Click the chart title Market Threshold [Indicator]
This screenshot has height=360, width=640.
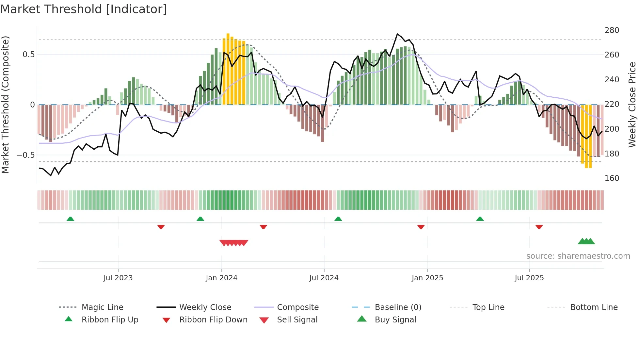[x=84, y=9]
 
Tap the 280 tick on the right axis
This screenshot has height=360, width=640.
[x=612, y=30]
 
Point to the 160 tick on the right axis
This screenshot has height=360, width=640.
[x=612, y=178]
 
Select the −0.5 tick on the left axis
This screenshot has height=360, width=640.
[x=25, y=155]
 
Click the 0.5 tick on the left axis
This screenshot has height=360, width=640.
[x=28, y=55]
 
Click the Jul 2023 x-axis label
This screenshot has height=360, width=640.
[x=118, y=278]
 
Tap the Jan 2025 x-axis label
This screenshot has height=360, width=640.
[x=427, y=278]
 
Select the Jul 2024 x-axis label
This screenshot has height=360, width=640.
[x=324, y=278]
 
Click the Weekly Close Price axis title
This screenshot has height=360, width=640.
[x=632, y=105]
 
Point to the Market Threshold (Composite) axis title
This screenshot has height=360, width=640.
[x=5, y=105]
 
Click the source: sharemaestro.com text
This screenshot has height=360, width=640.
[x=578, y=256]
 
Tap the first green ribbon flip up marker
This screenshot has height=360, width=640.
[x=70, y=219]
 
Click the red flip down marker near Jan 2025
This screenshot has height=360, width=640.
[x=421, y=227]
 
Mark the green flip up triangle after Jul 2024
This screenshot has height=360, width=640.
[x=338, y=219]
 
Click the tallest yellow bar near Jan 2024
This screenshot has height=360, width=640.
[x=228, y=69]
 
